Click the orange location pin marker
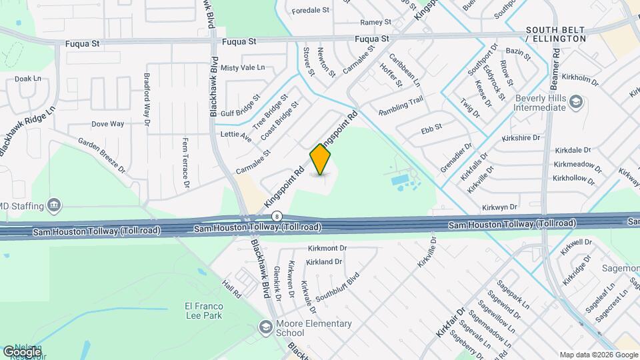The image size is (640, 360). (x=321, y=159)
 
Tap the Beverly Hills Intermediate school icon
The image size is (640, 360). (x=577, y=102)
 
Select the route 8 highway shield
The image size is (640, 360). (x=277, y=216)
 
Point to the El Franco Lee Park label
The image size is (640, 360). (x=203, y=311)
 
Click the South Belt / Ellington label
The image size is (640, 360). (x=555, y=35)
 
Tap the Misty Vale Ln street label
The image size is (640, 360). (x=243, y=68)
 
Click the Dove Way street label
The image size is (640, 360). (x=107, y=124)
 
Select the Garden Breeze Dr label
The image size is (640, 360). (x=101, y=155)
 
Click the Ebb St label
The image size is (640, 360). (x=432, y=126)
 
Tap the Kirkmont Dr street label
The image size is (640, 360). (x=327, y=248)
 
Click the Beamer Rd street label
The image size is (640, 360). (x=555, y=65)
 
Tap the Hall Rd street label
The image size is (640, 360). (x=231, y=289)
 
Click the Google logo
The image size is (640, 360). (x=22, y=351)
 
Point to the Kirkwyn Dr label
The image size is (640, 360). (x=500, y=208)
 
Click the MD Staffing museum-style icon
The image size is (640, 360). (x=55, y=205)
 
